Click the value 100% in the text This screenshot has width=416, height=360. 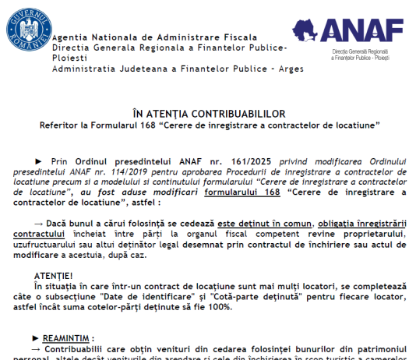click(220, 307)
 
